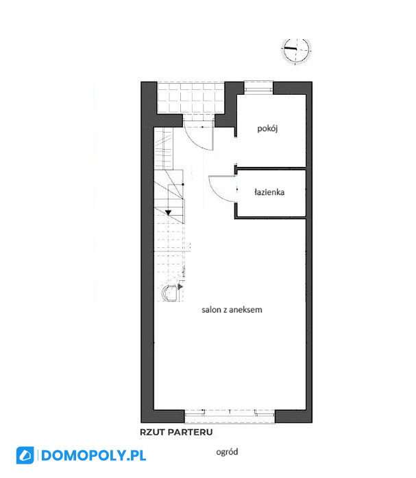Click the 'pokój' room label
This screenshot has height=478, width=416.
tap(267, 128)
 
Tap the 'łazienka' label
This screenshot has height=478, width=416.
tap(269, 192)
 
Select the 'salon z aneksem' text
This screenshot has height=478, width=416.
tap(232, 310)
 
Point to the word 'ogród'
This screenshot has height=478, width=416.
tap(227, 452)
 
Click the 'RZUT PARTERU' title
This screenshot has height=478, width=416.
tap(176, 432)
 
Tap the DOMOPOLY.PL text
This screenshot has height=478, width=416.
tap(93, 455)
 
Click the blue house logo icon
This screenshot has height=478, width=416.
tap(25, 455)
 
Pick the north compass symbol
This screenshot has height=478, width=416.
tap(296, 50)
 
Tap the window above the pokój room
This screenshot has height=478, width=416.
tap(258, 86)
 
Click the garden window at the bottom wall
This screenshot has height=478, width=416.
tap(230, 416)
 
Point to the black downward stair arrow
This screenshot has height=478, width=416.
tap(169, 212)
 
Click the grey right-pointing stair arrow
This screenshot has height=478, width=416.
tap(180, 286)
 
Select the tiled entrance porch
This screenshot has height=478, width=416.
tap(191, 98)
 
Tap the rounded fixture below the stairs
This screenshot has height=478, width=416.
tap(169, 293)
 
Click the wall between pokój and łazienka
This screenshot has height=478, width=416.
tap(271, 168)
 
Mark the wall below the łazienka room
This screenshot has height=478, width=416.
tap(270, 217)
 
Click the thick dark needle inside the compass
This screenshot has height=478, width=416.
tap(290, 48)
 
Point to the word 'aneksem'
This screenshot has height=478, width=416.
tap(245, 310)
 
